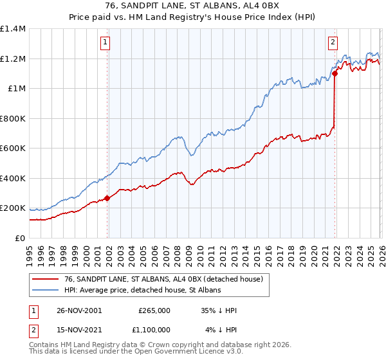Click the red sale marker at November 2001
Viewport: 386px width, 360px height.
pos(107,199)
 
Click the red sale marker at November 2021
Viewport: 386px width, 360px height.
pos(335,74)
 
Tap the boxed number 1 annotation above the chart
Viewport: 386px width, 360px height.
pos(104,43)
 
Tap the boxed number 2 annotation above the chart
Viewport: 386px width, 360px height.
pos(333,43)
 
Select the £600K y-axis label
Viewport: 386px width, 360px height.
pos(13,148)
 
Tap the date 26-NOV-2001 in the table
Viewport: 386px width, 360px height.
pos(78,310)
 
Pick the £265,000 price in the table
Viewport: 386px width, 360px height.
pos(154,310)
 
